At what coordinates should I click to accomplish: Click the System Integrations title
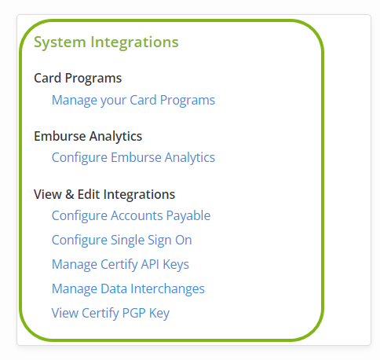pos(106,42)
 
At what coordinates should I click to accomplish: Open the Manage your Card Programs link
pos(133,101)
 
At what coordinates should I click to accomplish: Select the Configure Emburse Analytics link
pos(133,158)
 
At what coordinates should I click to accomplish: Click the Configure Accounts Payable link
pos(131,216)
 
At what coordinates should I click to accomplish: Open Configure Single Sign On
pos(122,241)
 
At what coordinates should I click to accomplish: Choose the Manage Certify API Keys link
pos(120,265)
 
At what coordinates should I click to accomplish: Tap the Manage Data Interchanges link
pos(128,289)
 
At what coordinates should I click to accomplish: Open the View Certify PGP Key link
pos(111,314)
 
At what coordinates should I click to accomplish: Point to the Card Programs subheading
pos(78,78)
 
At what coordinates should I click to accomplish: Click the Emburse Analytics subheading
pos(88,137)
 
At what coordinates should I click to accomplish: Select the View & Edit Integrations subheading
pos(104,194)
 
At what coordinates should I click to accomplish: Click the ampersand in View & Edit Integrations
pos(69,194)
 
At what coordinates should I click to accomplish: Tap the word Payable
pos(188,216)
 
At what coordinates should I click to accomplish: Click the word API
pos(150,264)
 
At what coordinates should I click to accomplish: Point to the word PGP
pos(133,313)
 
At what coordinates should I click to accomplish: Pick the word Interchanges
pos(167,289)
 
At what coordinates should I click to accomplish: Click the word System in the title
pos(60,42)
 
